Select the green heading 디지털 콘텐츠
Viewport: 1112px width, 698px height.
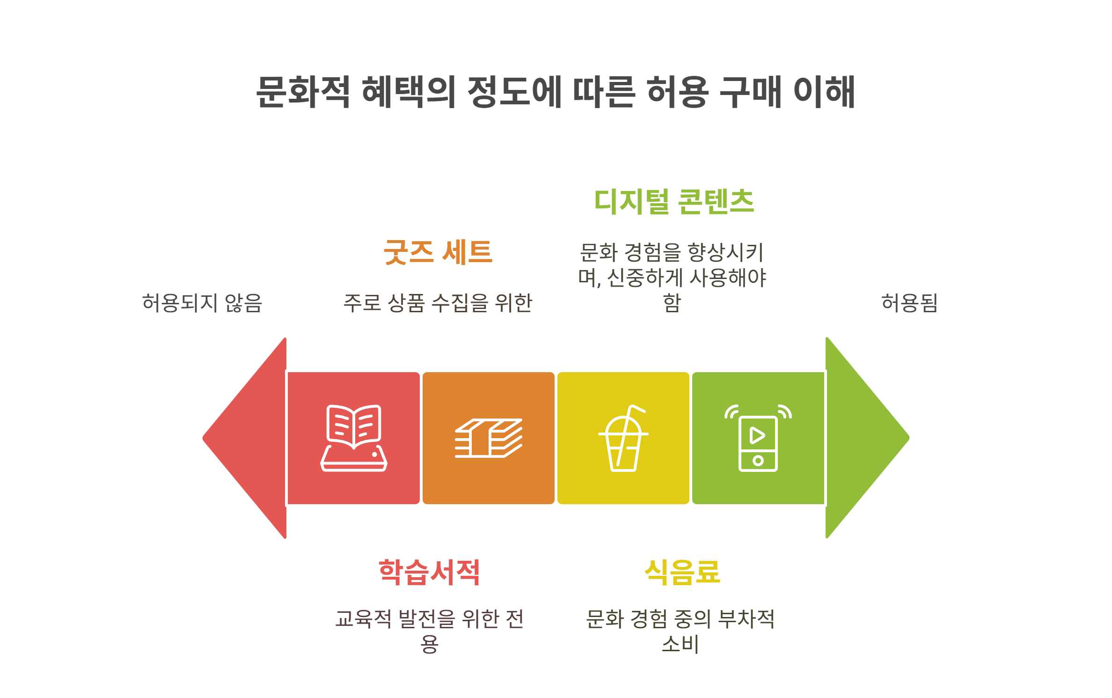(x=674, y=202)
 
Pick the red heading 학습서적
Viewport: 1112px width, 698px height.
(x=429, y=572)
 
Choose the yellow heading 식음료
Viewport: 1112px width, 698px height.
(x=682, y=572)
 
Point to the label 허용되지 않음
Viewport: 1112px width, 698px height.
(x=202, y=303)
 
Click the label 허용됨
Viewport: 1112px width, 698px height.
(x=909, y=303)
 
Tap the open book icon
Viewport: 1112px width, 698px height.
(x=354, y=438)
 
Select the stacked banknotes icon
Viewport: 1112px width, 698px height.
(x=489, y=438)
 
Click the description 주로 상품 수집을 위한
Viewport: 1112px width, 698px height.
(x=438, y=303)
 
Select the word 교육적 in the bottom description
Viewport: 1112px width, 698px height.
(x=363, y=619)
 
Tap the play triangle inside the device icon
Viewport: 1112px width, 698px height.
(x=757, y=435)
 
